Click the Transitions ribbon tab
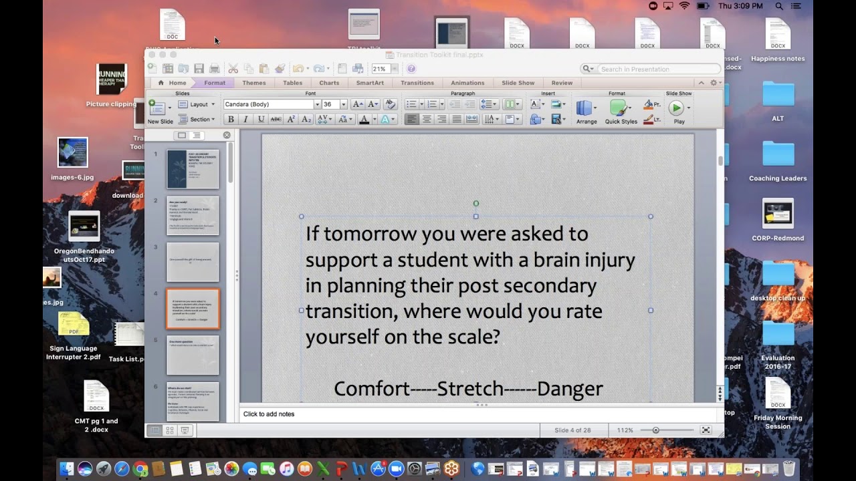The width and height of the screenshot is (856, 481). click(x=417, y=83)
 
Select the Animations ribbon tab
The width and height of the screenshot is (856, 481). click(x=467, y=83)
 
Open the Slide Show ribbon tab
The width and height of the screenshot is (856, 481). click(x=518, y=83)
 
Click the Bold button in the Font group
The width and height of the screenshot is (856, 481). click(x=231, y=119)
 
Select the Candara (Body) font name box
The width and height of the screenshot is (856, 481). click(x=269, y=104)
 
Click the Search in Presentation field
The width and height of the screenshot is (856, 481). click(x=655, y=69)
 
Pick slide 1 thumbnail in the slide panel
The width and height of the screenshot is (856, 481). click(x=193, y=169)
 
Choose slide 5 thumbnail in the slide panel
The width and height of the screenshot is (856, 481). click(x=193, y=355)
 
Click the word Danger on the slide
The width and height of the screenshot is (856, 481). click(x=570, y=388)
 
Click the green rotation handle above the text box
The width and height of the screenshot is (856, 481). click(x=476, y=204)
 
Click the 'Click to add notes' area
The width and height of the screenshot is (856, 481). click(x=269, y=414)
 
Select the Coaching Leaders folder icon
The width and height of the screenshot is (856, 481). click(x=778, y=154)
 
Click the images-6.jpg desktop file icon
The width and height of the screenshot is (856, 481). click(x=72, y=153)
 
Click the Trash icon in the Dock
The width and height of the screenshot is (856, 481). click(x=789, y=468)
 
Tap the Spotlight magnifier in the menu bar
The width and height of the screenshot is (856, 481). click(x=779, y=6)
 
